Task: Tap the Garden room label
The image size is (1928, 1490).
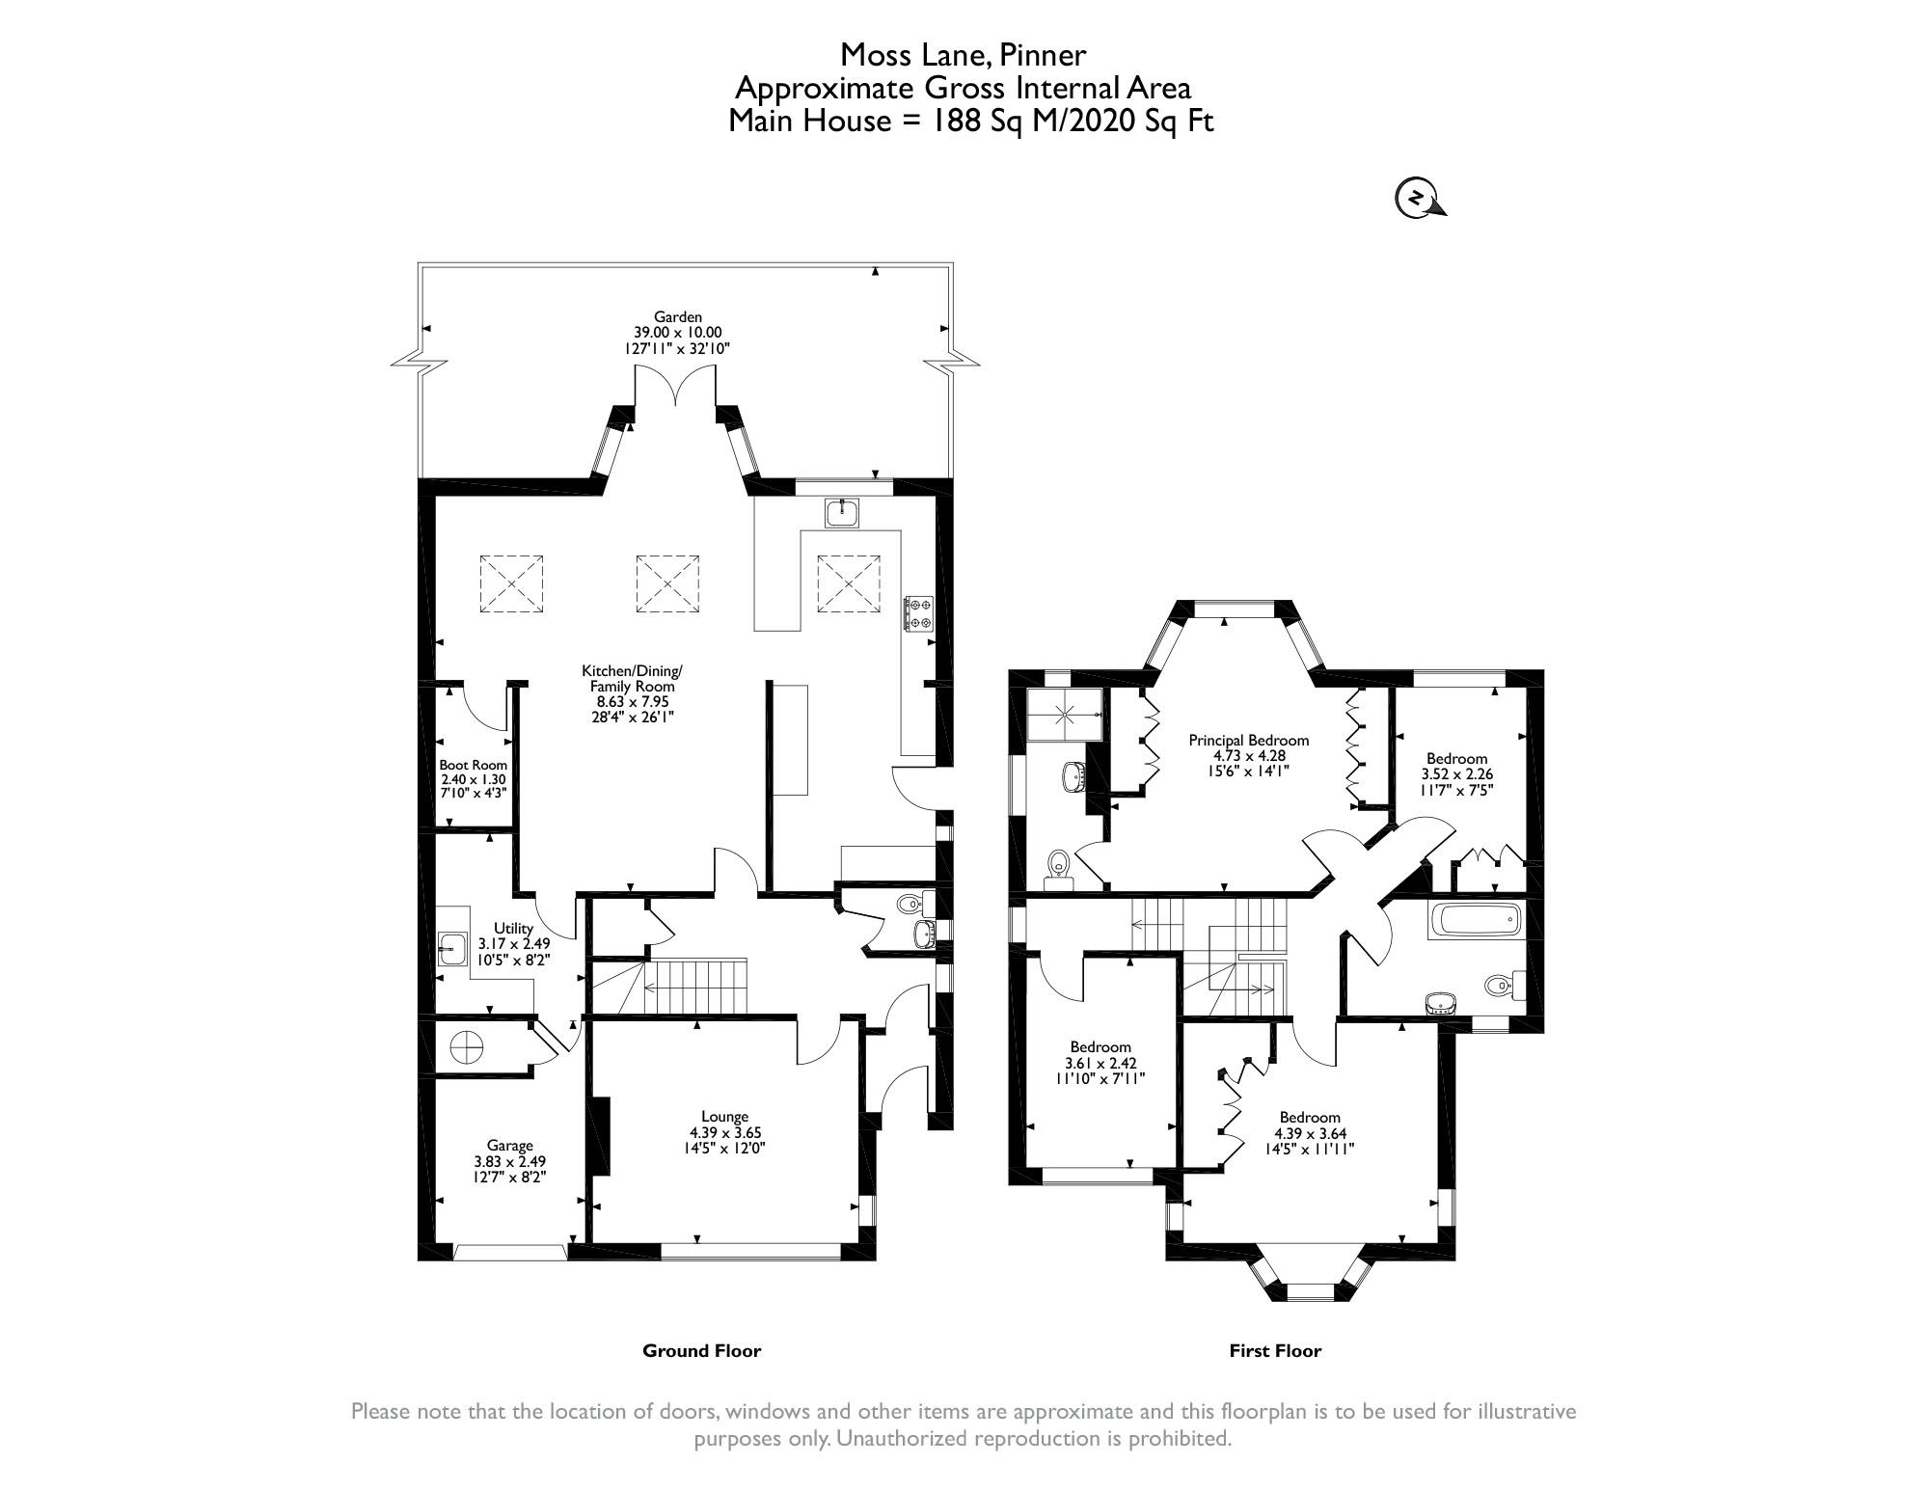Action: (x=677, y=316)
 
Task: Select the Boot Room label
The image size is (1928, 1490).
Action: (x=473, y=765)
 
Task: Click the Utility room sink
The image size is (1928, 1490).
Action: (x=450, y=948)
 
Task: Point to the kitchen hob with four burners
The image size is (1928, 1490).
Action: (x=917, y=613)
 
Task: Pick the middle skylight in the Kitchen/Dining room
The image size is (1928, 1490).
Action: (x=666, y=582)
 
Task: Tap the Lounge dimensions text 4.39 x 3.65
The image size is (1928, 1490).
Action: (x=724, y=1132)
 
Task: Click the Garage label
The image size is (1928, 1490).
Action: (x=509, y=1146)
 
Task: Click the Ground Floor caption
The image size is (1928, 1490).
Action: (x=701, y=1351)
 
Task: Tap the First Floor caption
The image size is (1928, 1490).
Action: (x=1274, y=1351)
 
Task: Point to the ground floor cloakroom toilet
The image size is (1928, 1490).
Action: (x=910, y=905)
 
